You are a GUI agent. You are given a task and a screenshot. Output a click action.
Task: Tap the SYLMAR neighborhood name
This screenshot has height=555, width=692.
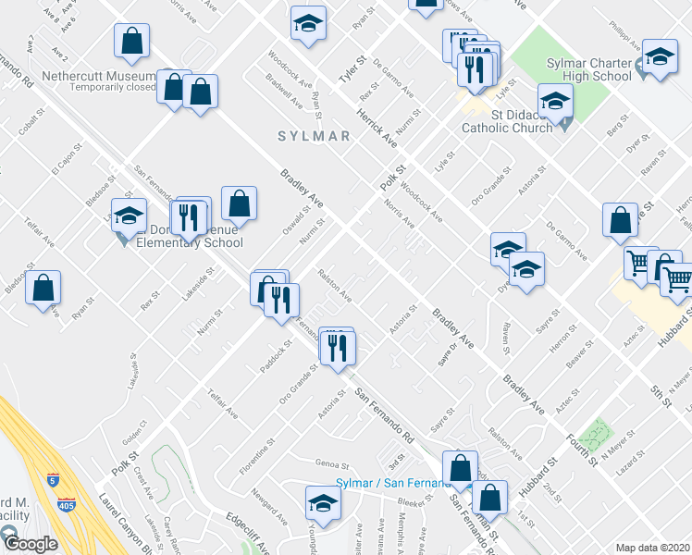pos(315,136)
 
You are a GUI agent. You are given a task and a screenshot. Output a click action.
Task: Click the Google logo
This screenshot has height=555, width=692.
pos(30,544)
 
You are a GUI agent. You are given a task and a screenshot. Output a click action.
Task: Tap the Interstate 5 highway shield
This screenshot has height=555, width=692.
pos(51,482)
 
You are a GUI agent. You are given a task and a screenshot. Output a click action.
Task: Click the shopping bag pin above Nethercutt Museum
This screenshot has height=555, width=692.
pos(132,41)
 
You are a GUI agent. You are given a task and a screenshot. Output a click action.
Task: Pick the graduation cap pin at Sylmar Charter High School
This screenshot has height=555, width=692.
pos(660,56)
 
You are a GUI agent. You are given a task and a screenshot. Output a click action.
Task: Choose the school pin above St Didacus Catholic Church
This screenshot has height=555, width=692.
pos(555,101)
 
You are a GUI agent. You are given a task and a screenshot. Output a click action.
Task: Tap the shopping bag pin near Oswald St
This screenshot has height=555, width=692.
pos(239,203)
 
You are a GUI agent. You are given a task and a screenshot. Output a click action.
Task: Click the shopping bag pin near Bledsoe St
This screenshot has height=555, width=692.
pos(43,288)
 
